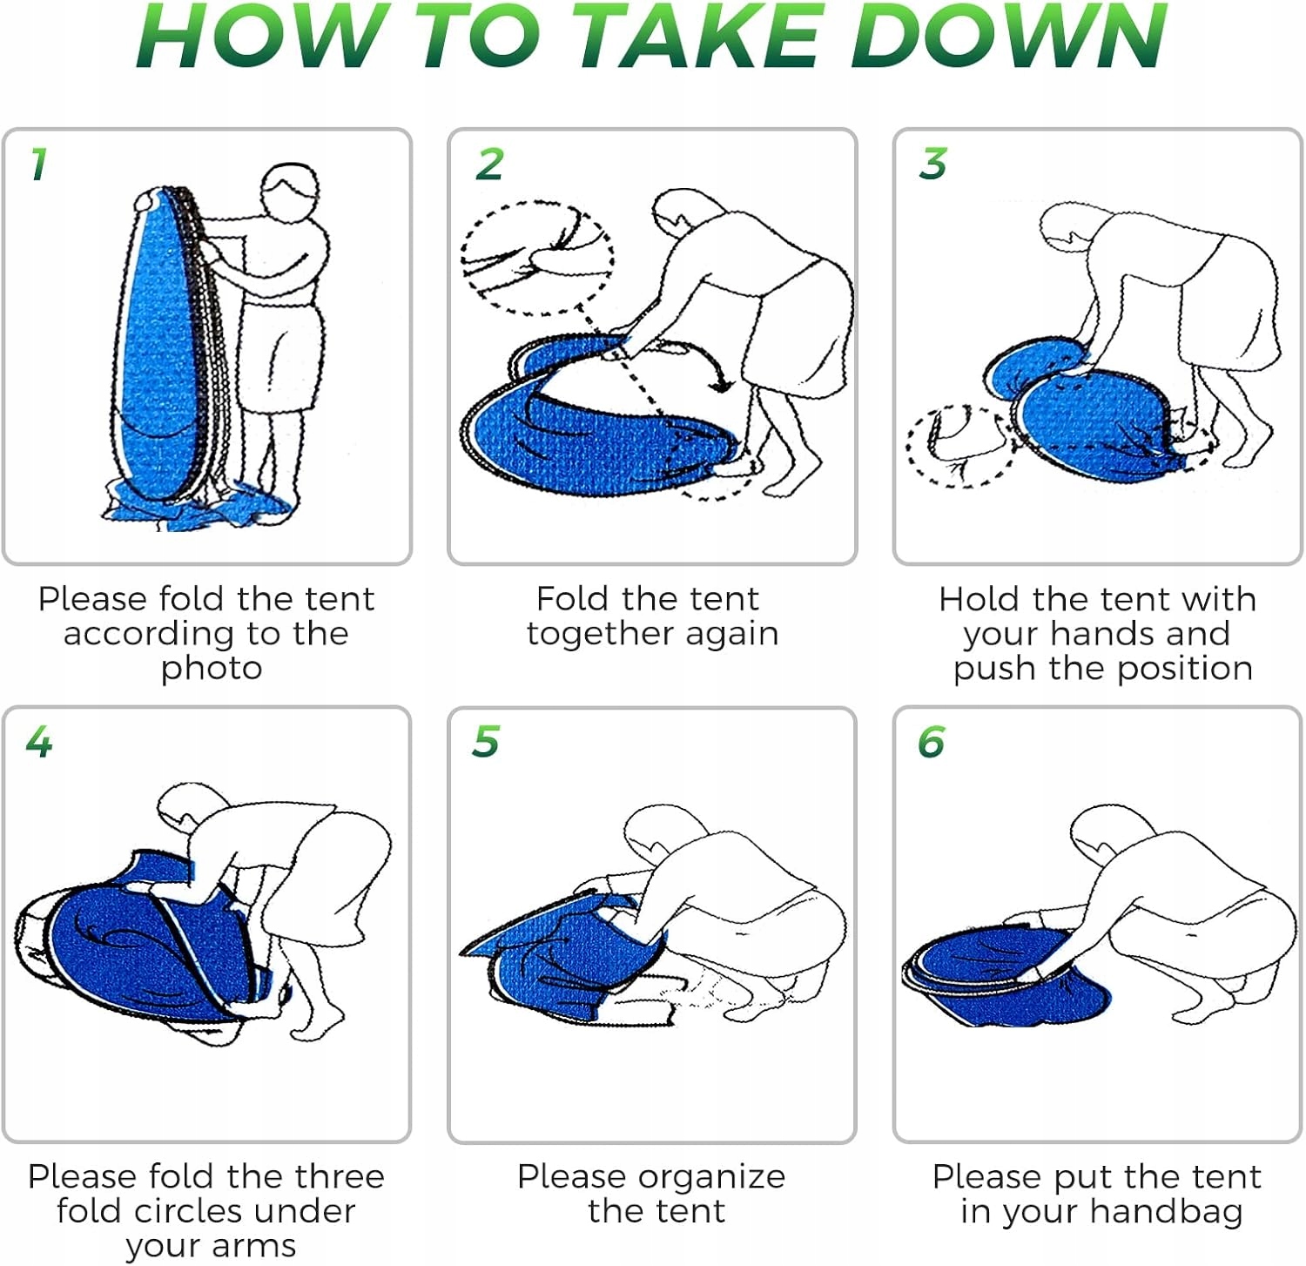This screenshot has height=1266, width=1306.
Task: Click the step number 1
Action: pos(38,164)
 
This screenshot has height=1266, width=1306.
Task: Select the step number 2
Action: pos(490,164)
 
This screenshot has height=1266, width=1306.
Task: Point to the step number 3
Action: pos(933,164)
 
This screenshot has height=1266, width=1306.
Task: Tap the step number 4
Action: pos(39,742)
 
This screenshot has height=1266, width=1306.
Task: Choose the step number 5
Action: pos(486,742)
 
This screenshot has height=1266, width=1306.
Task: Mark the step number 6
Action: pos(932,742)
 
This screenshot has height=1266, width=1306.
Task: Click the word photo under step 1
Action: pos(212,669)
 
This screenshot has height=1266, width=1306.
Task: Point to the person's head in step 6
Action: pos(1104,835)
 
